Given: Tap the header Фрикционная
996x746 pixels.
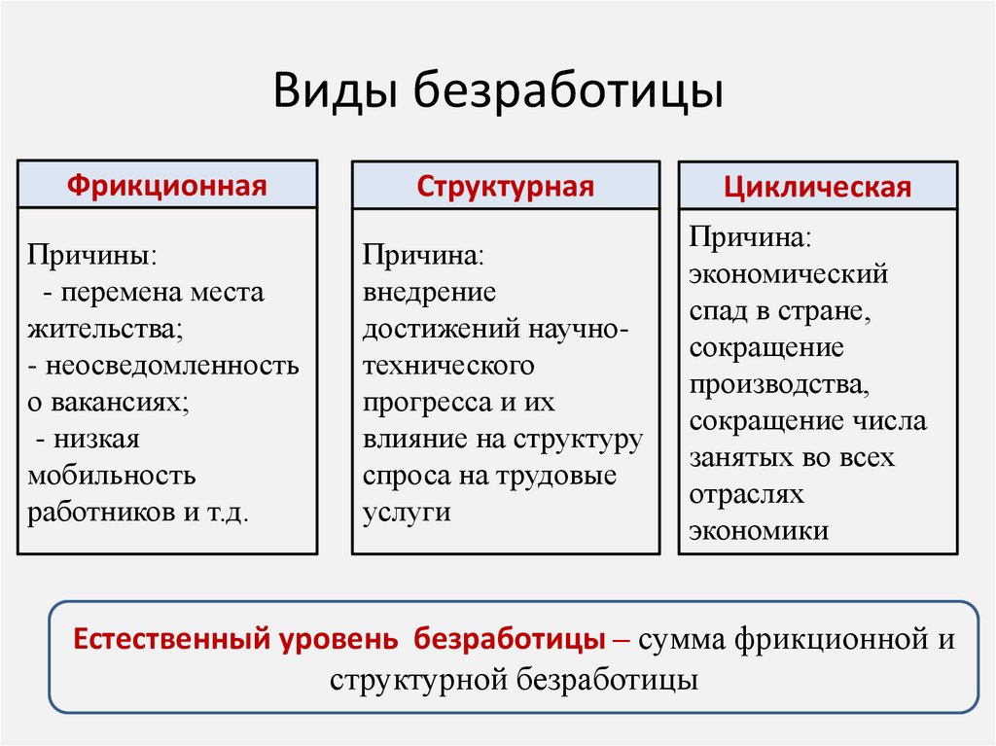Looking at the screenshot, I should point(167,185).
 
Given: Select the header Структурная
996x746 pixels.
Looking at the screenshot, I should point(505,186).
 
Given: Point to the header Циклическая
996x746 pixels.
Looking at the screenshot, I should point(817,187).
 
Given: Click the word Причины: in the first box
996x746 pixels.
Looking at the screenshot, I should point(91,256).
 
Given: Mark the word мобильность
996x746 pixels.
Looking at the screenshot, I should point(112,476).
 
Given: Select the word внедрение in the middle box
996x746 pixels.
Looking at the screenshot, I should point(430,292).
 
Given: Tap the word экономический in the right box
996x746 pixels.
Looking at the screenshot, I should point(789,273).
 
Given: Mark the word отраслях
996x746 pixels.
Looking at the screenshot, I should point(747,493).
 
